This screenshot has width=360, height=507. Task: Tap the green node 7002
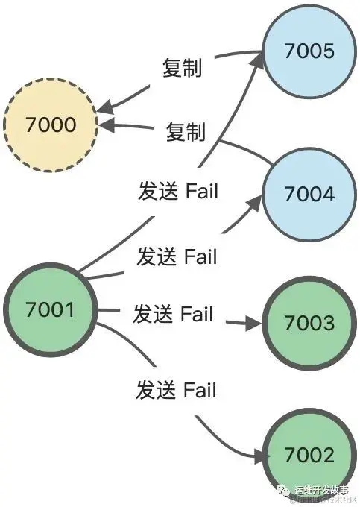(309, 454)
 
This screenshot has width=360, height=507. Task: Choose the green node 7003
(309, 324)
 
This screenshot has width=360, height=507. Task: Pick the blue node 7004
(309, 194)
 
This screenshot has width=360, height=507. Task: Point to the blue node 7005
(309, 51)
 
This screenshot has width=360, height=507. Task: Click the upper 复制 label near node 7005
(183, 69)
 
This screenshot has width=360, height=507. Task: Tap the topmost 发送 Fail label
(178, 191)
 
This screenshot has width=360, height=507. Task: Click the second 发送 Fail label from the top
(177, 256)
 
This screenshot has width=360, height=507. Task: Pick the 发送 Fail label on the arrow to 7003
(173, 314)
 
